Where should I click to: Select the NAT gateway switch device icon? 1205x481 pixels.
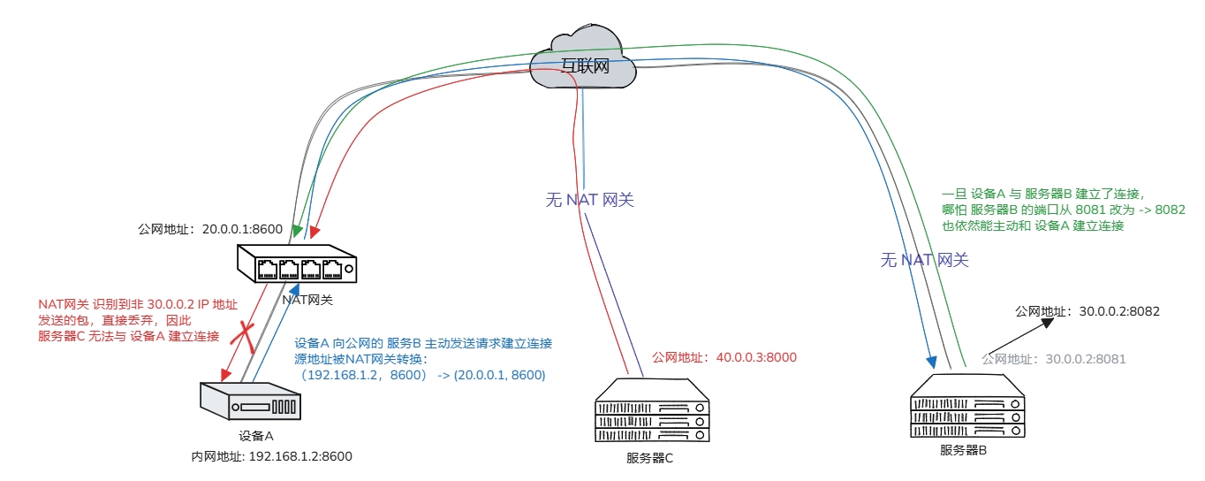pyautogui.click(x=299, y=264)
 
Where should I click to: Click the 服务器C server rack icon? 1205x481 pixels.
pyautogui.click(x=651, y=412)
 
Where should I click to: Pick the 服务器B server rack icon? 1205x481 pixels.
pyautogui.click(x=968, y=407)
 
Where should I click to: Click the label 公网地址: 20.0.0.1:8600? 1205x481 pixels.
pyautogui.click(x=210, y=229)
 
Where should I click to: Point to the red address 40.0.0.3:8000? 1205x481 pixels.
pyautogui.click(x=724, y=357)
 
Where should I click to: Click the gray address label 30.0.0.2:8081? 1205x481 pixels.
pyautogui.click(x=1053, y=360)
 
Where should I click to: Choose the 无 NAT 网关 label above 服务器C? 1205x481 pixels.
pyautogui.click(x=589, y=200)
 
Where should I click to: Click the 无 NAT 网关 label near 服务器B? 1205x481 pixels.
pyautogui.click(x=924, y=260)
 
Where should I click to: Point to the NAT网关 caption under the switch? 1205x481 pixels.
pyautogui.click(x=307, y=300)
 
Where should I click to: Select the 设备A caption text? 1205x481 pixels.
pyautogui.click(x=256, y=436)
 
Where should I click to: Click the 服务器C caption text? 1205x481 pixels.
pyautogui.click(x=650, y=458)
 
